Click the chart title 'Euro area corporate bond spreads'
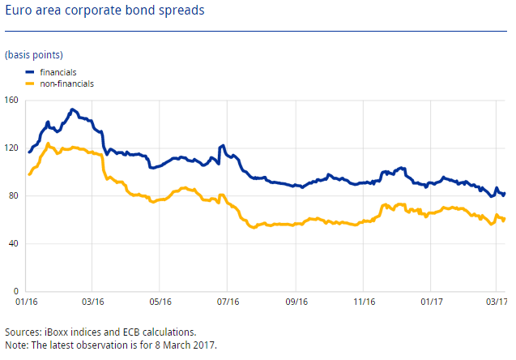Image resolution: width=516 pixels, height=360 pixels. tap(104, 12)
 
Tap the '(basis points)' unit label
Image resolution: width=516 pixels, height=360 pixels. tap(32, 54)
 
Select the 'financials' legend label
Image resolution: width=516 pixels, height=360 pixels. tap(58, 72)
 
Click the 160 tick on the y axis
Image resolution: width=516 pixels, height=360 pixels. tap(11, 101)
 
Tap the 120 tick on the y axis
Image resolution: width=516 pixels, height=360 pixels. tap(11, 148)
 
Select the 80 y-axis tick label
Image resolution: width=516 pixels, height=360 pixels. tap(14, 196)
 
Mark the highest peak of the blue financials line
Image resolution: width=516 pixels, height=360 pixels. tap(72, 109)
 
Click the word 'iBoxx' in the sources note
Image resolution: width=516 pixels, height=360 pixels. tap(54, 332)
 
